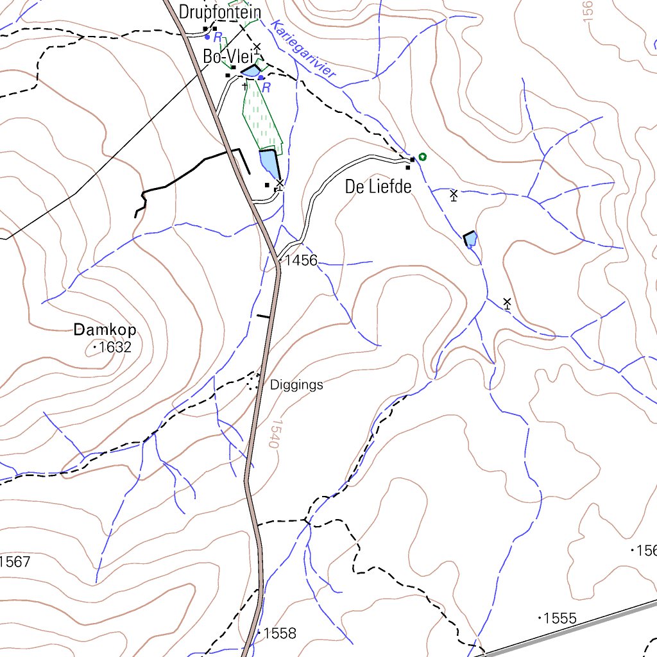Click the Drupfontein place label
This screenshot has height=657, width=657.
220,12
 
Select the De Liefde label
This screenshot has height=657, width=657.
377,187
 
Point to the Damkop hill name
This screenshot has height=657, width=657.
105,330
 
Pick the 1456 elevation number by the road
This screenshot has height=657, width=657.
301,260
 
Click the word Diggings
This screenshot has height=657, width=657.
296,386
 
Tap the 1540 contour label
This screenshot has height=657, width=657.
275,434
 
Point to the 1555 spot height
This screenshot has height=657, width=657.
559,619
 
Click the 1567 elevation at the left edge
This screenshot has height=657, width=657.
15,563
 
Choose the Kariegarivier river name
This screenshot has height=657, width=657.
303,50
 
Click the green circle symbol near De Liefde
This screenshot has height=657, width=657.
422,157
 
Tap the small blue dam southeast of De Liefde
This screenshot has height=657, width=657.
471,240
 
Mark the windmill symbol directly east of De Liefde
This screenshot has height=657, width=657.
454,194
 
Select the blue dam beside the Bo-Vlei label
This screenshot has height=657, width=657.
251,71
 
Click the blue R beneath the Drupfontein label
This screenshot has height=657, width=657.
218,37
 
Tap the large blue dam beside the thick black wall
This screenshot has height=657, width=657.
269,164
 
